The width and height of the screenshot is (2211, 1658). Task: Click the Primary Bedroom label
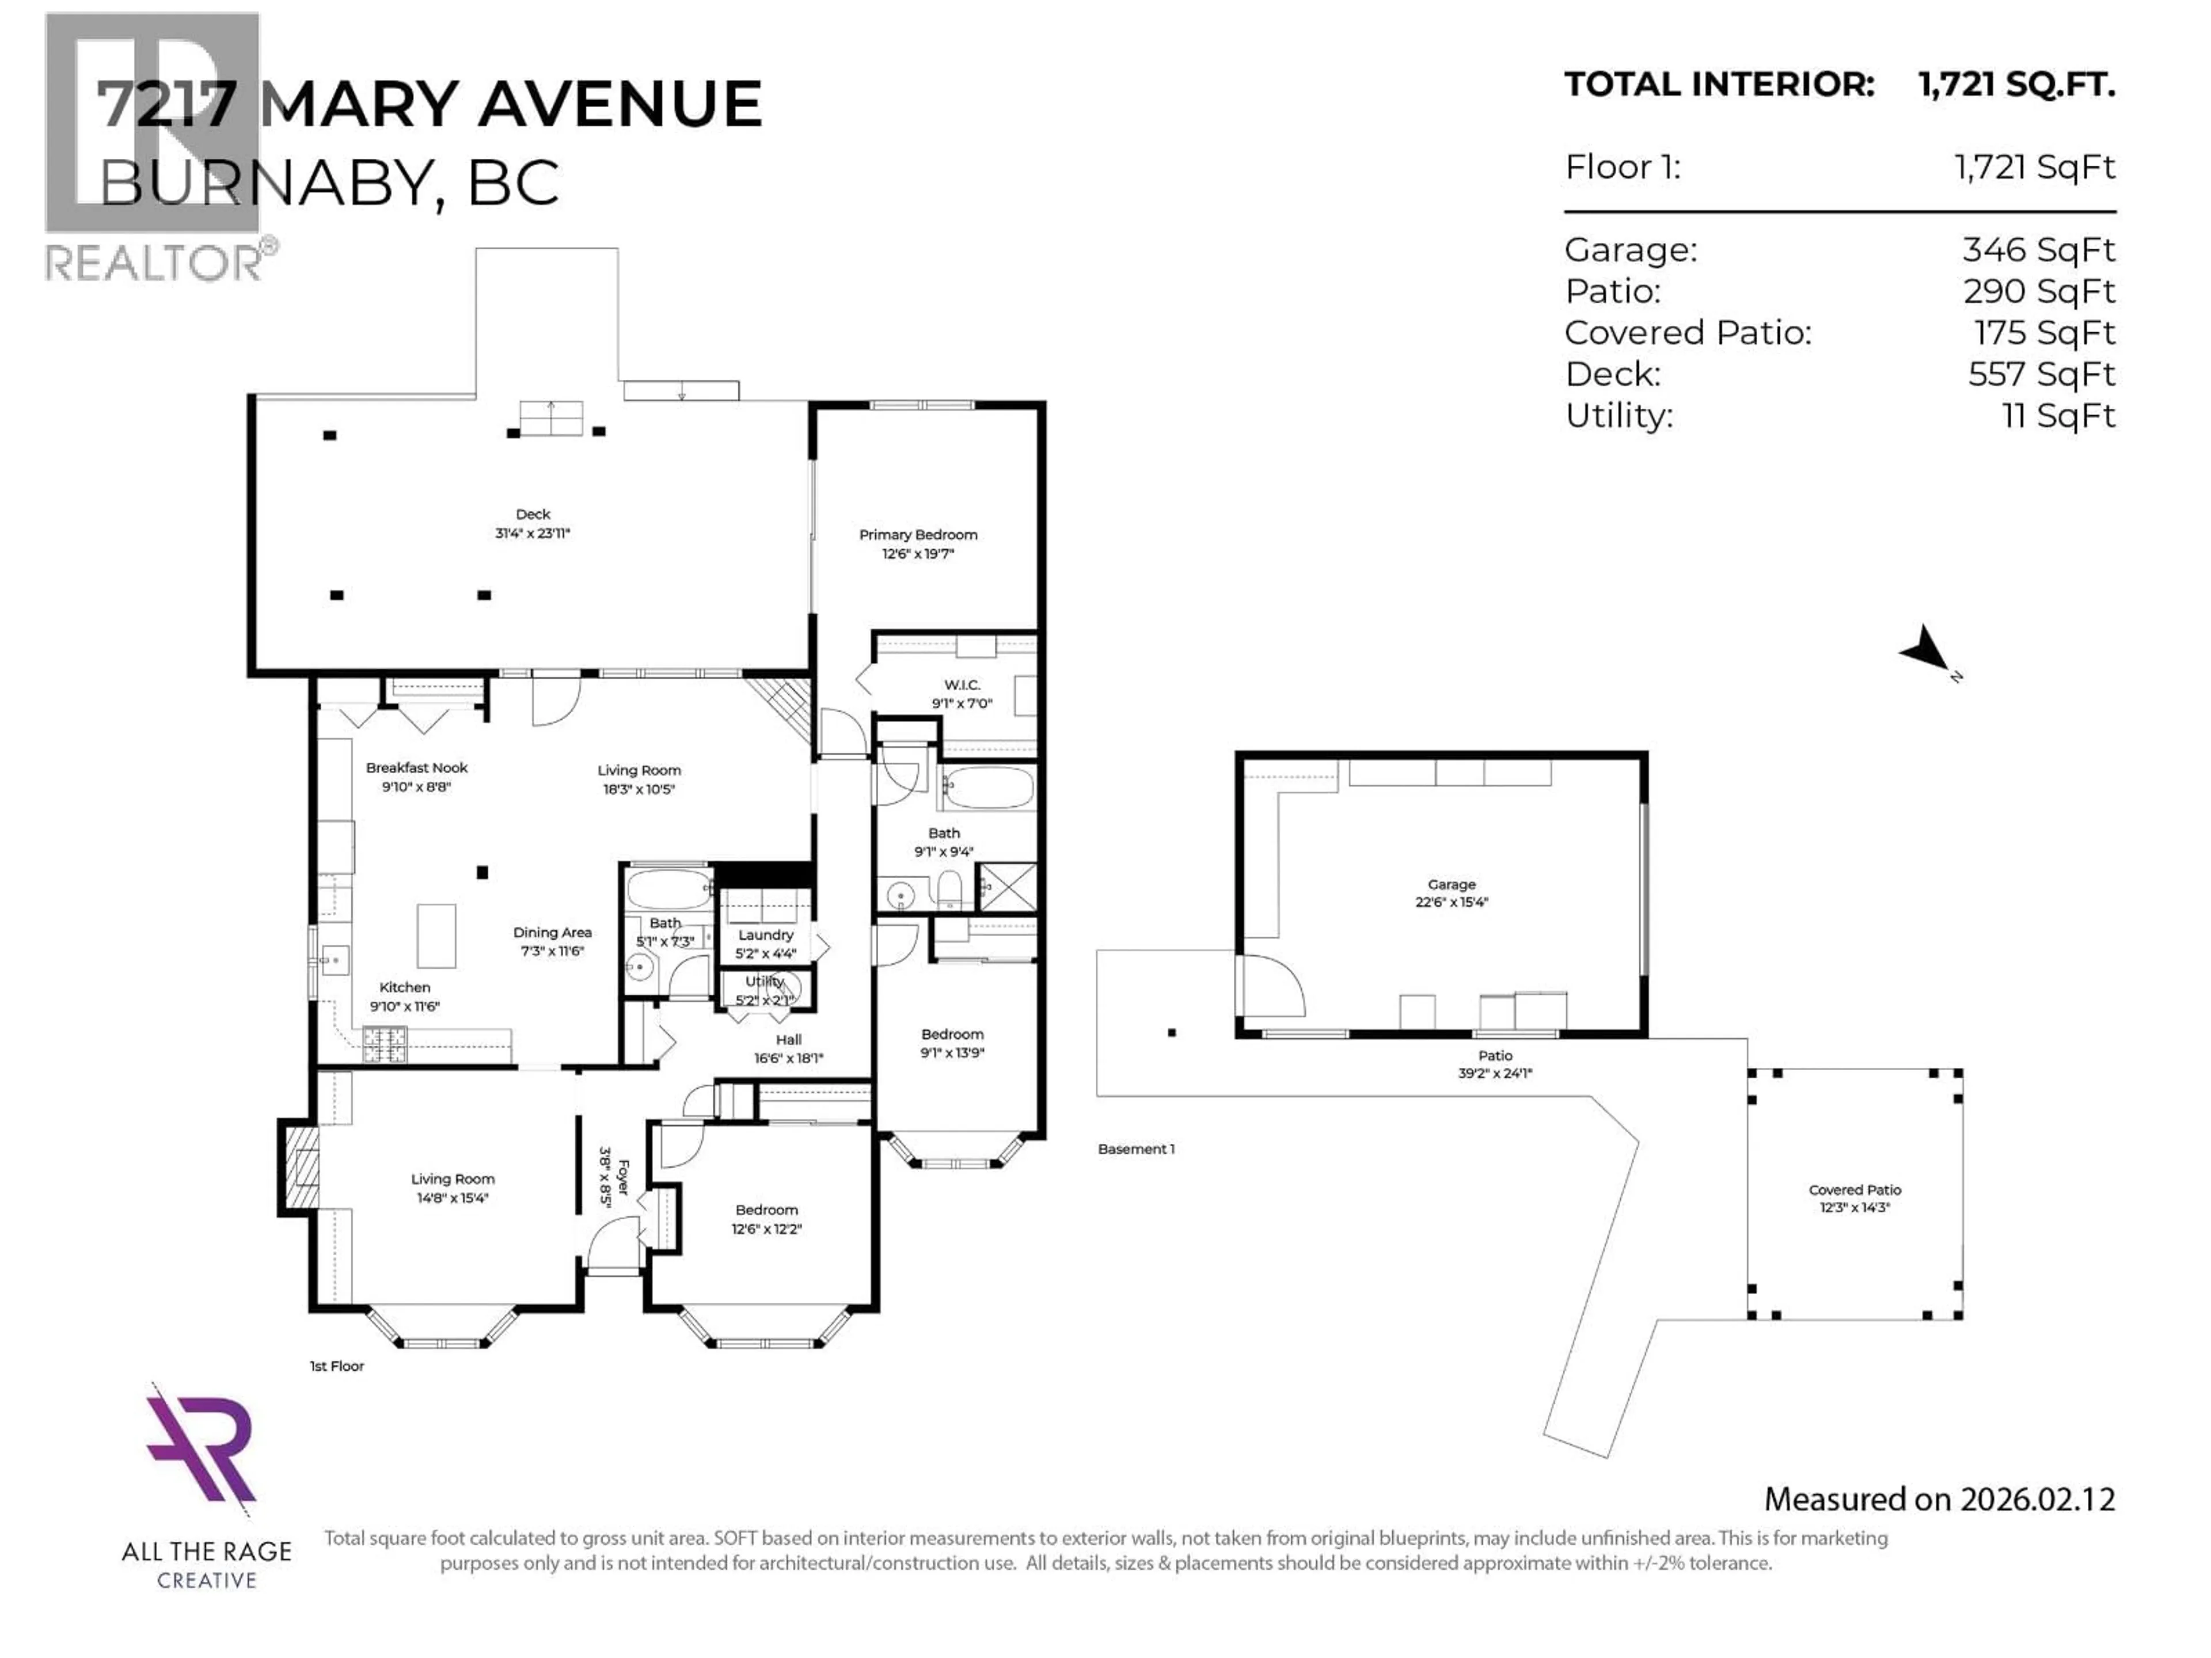(918, 535)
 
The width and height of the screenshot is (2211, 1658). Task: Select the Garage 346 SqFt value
(2038, 250)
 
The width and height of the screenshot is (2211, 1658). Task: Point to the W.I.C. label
(962, 685)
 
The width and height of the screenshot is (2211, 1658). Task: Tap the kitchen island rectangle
(436, 936)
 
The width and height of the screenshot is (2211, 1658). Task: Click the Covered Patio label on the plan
(1854, 1189)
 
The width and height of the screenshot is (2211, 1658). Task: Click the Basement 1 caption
(1135, 1149)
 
